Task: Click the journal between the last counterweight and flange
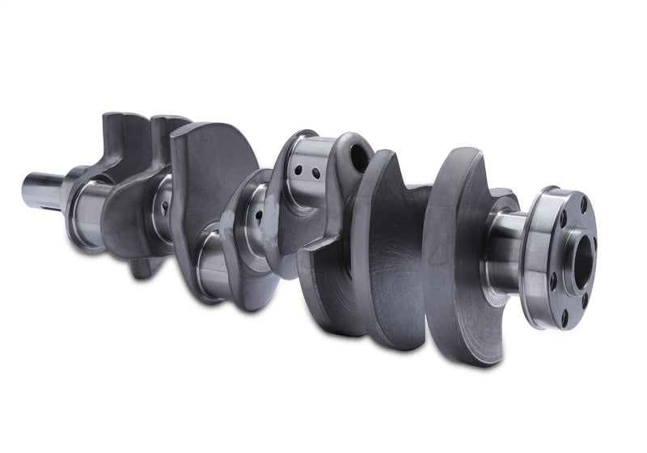505,243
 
